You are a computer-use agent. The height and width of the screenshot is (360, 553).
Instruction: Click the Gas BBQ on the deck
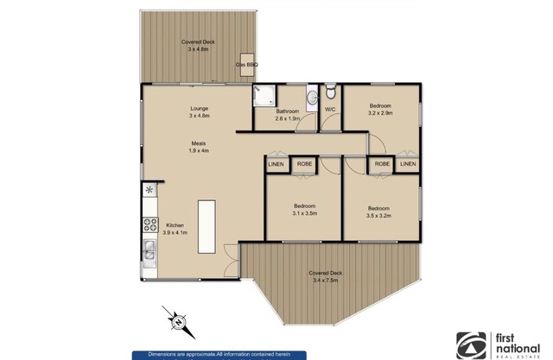click(x=247, y=65)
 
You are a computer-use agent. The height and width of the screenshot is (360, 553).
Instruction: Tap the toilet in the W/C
click(x=330, y=92)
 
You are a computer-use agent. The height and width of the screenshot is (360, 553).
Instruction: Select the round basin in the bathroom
click(x=312, y=98)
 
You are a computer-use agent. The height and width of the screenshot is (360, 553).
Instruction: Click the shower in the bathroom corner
click(x=264, y=95)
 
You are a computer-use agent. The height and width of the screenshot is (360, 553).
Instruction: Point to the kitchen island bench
click(x=207, y=226)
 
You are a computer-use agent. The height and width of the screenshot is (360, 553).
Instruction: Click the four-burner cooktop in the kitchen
click(x=150, y=224)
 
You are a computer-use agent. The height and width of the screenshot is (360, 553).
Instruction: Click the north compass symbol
click(x=179, y=322)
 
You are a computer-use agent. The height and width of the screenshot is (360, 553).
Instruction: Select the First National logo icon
click(x=471, y=345)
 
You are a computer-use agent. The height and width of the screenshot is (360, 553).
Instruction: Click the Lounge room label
click(x=200, y=109)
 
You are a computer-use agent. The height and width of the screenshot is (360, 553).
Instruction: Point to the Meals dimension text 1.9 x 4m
click(x=199, y=150)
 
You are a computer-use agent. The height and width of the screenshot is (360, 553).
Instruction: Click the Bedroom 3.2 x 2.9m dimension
click(x=380, y=113)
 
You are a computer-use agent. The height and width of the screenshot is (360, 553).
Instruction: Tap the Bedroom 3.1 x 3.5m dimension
click(x=305, y=213)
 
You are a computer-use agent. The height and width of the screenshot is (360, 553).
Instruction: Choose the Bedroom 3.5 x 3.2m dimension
click(x=378, y=216)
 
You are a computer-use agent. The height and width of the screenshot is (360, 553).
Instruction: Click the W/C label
click(x=330, y=110)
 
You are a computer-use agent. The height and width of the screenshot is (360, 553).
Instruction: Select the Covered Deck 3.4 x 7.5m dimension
click(x=325, y=281)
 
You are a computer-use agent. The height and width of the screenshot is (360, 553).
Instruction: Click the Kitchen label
click(x=175, y=225)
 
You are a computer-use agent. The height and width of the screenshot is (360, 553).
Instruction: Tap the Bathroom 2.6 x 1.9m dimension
click(x=288, y=119)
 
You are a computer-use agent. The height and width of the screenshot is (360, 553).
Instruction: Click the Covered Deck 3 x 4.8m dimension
click(x=198, y=49)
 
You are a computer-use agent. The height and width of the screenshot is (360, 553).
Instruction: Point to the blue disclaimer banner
click(x=219, y=356)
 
